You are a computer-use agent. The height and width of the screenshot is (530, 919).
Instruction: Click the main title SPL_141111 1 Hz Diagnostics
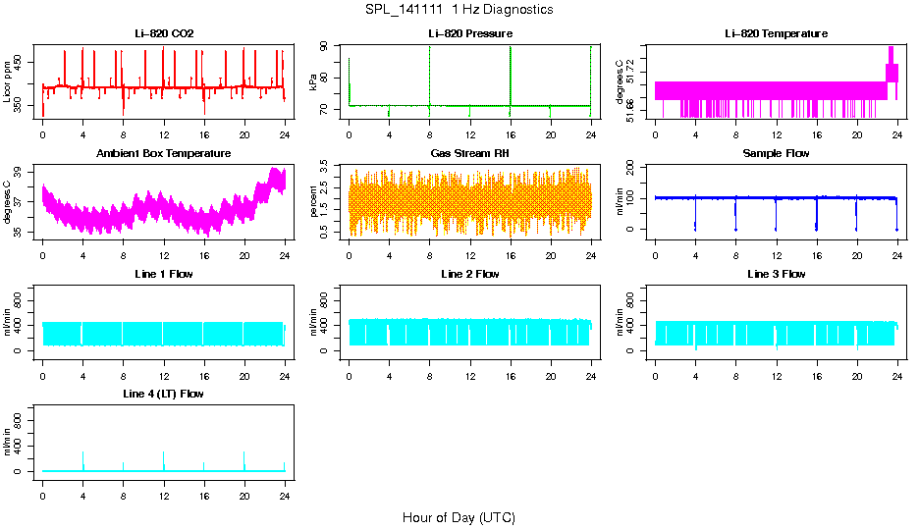[459, 10]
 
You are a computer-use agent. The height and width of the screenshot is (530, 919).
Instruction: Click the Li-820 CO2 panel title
[164, 34]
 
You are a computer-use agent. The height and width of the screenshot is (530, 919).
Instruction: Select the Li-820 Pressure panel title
[470, 34]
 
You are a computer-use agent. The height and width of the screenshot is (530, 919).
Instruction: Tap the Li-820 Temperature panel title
[776, 34]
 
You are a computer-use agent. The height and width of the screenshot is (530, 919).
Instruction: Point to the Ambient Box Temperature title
[164, 154]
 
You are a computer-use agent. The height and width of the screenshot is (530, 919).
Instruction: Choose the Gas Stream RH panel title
[470, 154]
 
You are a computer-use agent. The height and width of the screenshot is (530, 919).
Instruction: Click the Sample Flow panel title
[776, 154]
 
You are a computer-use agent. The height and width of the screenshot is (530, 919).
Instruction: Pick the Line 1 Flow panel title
[164, 274]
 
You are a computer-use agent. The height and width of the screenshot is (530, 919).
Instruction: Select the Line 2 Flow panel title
[470, 274]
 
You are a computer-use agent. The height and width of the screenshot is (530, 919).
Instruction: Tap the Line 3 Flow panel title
[776, 274]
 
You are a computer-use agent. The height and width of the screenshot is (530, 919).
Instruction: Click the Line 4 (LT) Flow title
[164, 394]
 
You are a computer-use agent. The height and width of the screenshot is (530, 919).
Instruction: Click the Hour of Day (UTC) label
[459, 517]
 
